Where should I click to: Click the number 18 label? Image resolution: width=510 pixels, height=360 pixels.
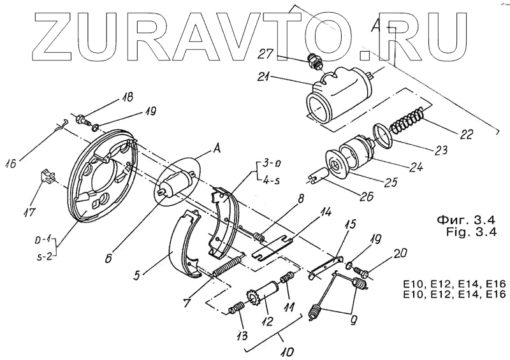tap(128, 97)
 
